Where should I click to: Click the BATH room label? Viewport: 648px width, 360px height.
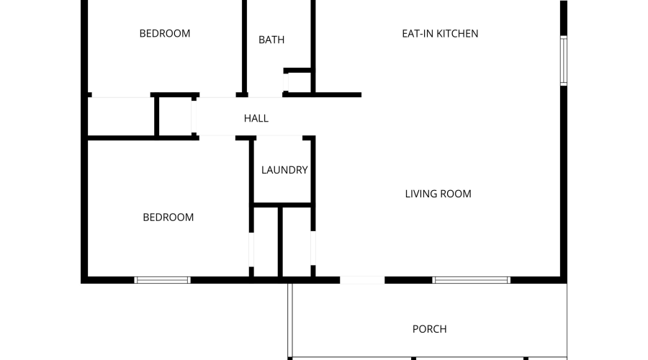[271, 40]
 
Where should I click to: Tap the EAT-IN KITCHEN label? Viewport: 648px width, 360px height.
[440, 33]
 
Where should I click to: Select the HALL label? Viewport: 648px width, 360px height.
[256, 118]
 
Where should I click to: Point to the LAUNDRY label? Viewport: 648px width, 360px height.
[284, 170]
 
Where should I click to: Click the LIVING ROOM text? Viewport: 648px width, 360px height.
[438, 194]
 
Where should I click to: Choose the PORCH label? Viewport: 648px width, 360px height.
[429, 329]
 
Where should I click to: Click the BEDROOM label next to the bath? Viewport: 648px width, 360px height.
[165, 33]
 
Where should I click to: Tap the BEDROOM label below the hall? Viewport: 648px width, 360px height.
[168, 217]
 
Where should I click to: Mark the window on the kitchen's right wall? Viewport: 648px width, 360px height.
[564, 60]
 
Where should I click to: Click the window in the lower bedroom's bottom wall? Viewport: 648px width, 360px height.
[163, 280]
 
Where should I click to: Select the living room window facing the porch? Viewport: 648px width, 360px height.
[472, 280]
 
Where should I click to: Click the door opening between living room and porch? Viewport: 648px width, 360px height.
[362, 280]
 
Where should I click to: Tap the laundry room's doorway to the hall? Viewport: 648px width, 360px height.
[279, 138]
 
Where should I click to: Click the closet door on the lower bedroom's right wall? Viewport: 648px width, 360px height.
[251, 249]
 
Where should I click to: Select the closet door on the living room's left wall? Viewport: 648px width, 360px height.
[313, 248]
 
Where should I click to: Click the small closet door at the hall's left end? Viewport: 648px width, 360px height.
[194, 117]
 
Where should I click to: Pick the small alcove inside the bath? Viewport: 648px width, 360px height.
[297, 82]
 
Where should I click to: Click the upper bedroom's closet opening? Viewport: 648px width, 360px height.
[121, 95]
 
